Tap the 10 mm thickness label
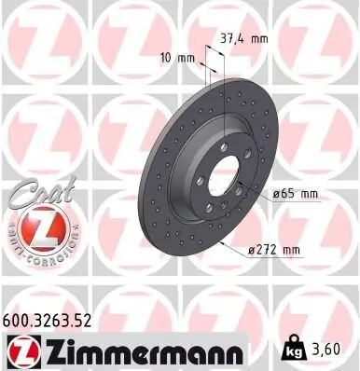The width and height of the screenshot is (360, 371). pyautogui.click(x=178, y=58)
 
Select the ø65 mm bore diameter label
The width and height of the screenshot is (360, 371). pyautogui.click(x=296, y=193)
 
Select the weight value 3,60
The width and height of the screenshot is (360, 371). pyautogui.click(x=334, y=350)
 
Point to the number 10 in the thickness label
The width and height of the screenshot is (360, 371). pyautogui.click(x=166, y=58)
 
